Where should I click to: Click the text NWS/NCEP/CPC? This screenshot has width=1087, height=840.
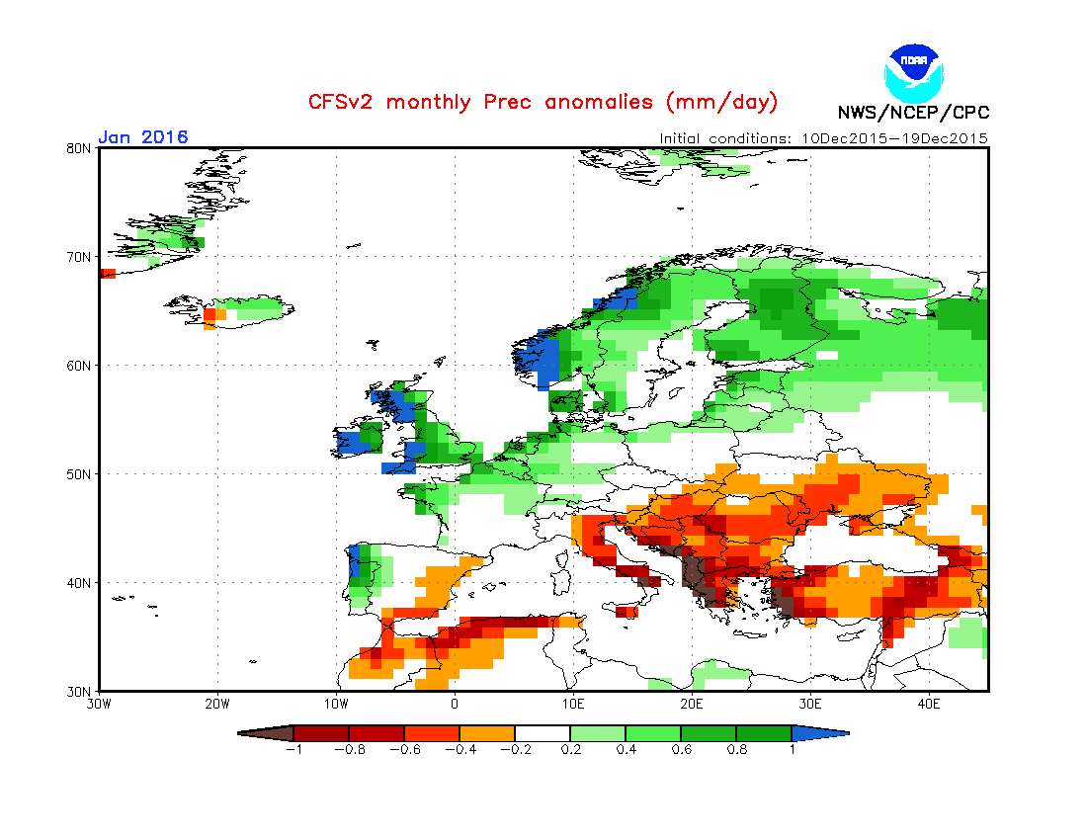913,113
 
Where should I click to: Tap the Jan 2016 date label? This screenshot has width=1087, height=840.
143,137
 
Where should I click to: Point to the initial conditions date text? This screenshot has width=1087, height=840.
823,138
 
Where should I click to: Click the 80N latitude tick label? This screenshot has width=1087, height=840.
79,148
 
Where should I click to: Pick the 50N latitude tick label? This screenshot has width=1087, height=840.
79,474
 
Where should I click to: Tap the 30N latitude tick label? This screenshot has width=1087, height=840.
79,691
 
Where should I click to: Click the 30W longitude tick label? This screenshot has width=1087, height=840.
99,704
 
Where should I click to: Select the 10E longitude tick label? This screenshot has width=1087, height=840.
573,704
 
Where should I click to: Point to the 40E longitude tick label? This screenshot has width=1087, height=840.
929,704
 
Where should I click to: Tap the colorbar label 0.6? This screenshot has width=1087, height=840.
680,749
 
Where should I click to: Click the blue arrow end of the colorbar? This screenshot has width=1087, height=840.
820,733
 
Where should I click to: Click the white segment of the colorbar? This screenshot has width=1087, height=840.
543,733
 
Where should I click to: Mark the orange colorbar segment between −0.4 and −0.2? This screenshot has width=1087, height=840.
487,733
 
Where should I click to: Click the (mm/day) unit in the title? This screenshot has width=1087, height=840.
722,102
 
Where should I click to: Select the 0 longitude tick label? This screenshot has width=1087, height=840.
455,704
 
